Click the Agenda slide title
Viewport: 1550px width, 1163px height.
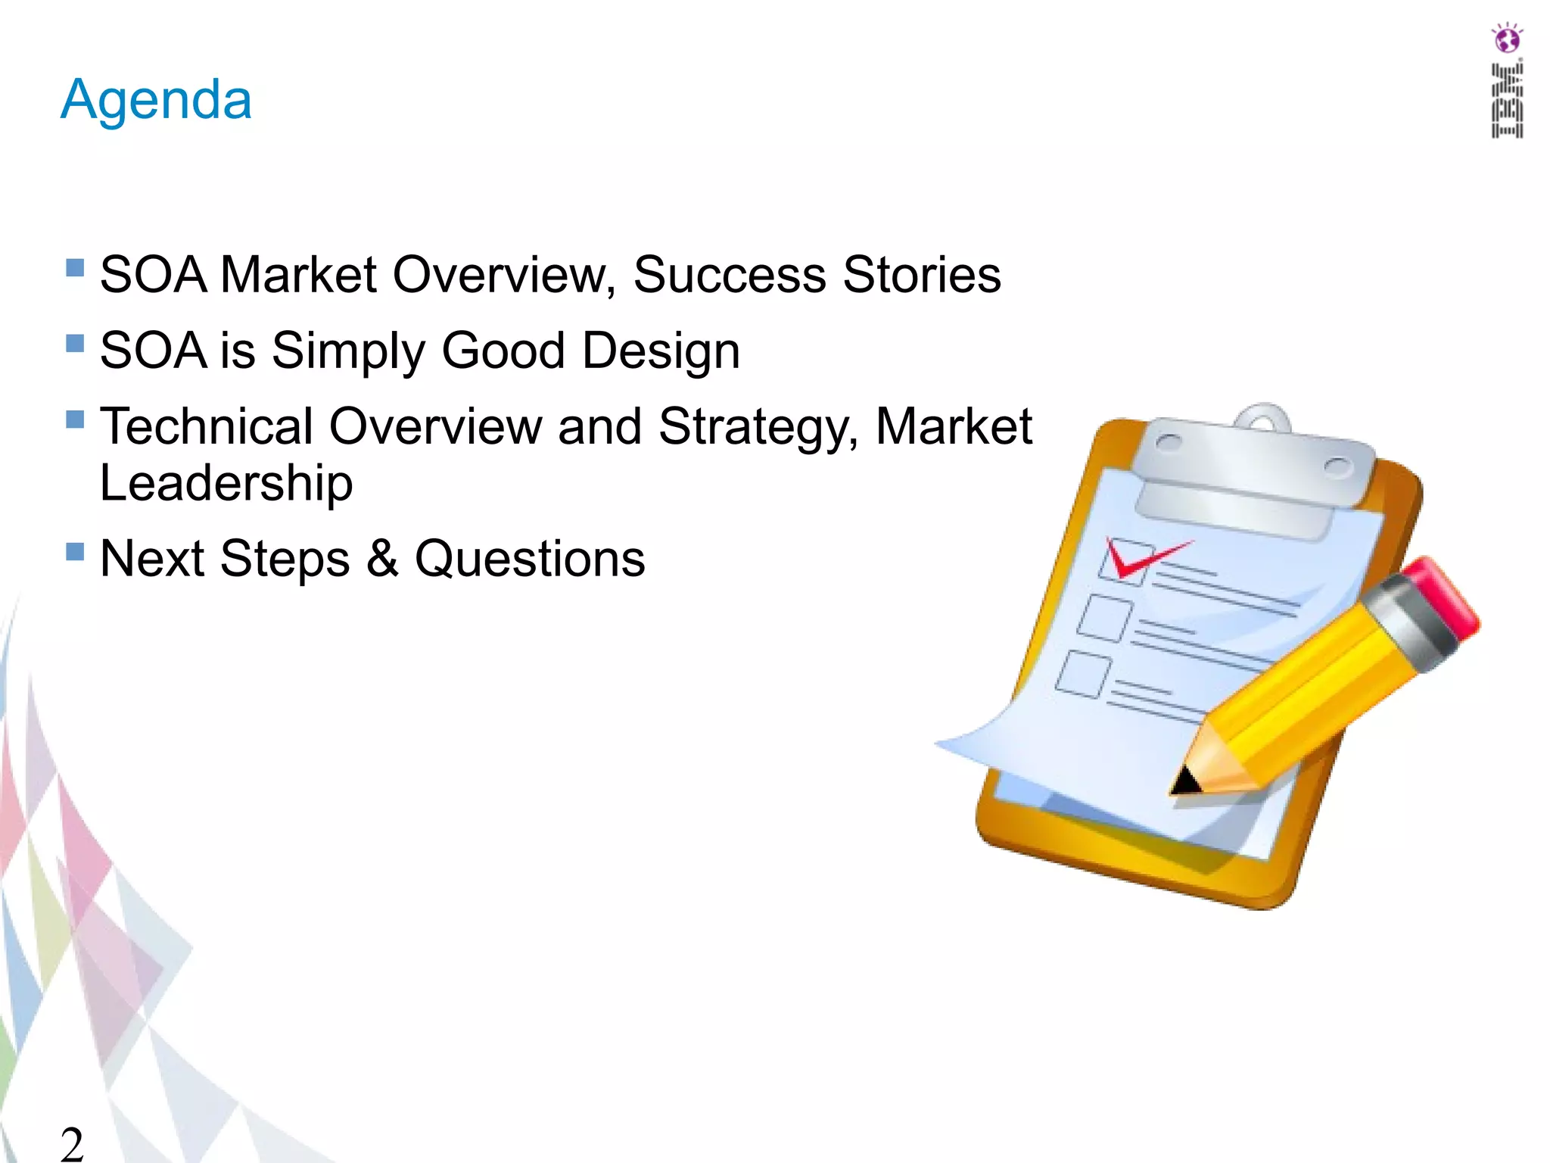coord(156,100)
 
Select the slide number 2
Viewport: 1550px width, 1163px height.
coord(72,1143)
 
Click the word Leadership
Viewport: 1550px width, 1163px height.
coord(226,483)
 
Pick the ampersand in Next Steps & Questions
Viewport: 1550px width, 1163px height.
coord(382,559)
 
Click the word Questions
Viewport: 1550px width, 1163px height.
coord(530,559)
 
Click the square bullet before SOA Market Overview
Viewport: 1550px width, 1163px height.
coord(75,267)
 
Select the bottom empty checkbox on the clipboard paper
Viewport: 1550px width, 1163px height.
coord(1083,674)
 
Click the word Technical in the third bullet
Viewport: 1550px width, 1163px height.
coord(206,427)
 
